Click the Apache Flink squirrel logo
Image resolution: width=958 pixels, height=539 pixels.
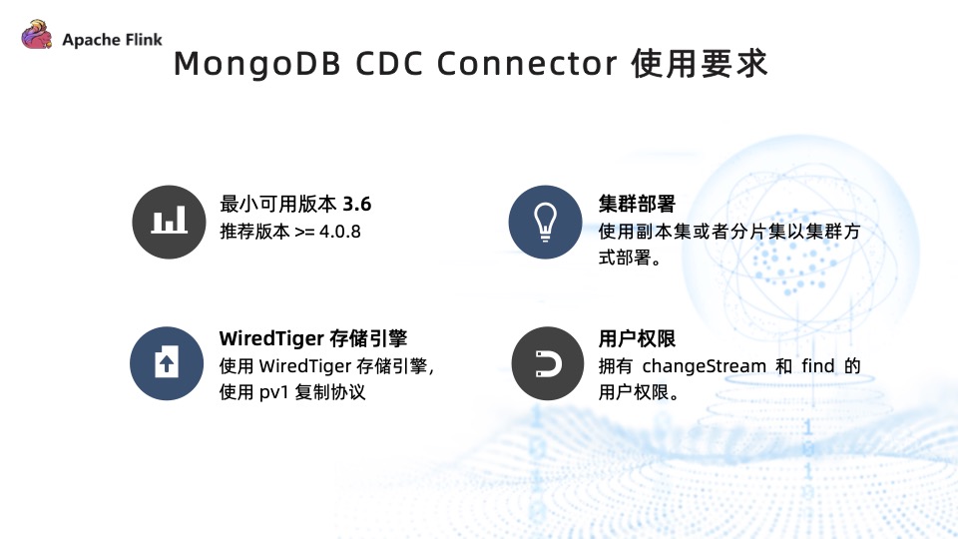coord(36,38)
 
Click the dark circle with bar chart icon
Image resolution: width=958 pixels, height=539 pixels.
coord(168,222)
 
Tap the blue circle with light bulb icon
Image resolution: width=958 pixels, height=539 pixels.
coord(545,222)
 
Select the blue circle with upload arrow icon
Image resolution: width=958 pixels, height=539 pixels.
coord(168,362)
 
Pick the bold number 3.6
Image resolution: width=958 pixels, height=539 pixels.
coord(356,204)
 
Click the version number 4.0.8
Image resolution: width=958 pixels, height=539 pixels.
coord(340,232)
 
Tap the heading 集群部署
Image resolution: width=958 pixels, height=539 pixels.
coord(638,204)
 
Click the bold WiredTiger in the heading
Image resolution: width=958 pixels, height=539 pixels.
coord(269,338)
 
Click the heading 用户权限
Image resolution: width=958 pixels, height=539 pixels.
coord(638,338)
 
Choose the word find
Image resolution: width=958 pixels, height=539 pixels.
coord(817,365)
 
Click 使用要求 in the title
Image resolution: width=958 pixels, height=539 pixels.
coord(701,64)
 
